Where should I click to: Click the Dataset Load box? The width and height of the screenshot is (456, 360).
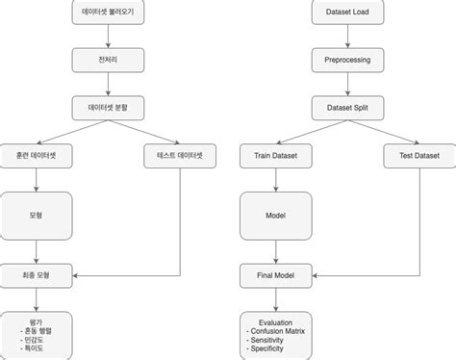(x=348, y=13)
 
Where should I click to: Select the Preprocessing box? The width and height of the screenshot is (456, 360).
(x=348, y=60)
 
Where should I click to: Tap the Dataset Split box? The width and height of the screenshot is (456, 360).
(x=348, y=107)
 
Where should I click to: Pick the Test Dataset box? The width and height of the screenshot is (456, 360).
(x=419, y=154)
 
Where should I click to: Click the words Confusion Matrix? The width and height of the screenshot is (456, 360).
(x=283, y=332)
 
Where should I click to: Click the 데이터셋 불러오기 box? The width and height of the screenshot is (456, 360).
(x=108, y=13)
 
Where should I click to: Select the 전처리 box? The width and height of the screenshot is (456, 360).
(x=108, y=60)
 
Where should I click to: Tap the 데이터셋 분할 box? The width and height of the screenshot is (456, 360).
(x=108, y=107)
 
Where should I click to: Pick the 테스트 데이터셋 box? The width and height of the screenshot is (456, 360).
(x=180, y=154)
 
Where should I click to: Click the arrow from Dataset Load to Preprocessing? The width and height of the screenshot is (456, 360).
(x=348, y=37)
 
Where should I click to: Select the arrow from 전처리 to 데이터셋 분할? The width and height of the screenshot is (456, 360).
(x=108, y=83)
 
